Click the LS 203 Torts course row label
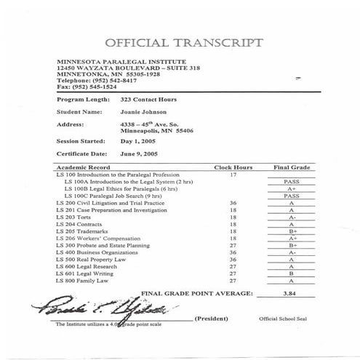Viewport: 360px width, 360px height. click(x=71, y=217)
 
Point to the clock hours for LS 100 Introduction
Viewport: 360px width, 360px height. click(x=233, y=175)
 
